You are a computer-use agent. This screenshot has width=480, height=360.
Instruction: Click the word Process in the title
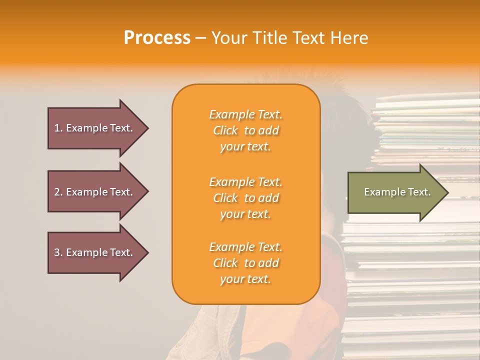pyautogui.click(x=157, y=38)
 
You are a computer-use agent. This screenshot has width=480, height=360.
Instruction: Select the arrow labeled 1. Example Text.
pyautogui.click(x=95, y=128)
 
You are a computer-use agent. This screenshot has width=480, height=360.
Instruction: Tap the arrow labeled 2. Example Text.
pyautogui.click(x=95, y=192)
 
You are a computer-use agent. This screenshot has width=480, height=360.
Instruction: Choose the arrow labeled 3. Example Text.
pyautogui.click(x=95, y=252)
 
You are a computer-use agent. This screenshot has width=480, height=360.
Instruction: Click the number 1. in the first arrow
pyautogui.click(x=58, y=128)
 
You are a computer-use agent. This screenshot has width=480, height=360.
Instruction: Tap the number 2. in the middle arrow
pyautogui.click(x=58, y=192)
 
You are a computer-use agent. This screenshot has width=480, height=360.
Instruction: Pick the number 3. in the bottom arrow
pyautogui.click(x=58, y=252)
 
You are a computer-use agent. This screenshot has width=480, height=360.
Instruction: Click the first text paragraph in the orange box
pyautogui.click(x=245, y=130)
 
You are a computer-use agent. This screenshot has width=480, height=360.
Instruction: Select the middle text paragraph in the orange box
pyautogui.click(x=245, y=198)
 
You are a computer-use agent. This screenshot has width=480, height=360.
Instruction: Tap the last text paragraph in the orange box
pyautogui.click(x=245, y=263)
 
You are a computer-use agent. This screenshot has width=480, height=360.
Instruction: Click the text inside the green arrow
pyautogui.click(x=397, y=192)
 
